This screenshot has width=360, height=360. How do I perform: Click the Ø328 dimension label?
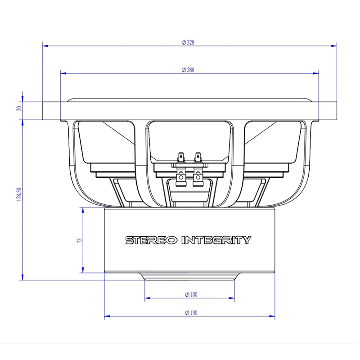188,42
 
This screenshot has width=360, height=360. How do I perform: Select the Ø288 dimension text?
188,70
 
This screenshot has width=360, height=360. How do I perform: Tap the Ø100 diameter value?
191,294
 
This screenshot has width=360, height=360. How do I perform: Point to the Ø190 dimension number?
191,313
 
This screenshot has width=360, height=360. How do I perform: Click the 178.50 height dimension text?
19,194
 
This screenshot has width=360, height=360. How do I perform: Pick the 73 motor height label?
80,240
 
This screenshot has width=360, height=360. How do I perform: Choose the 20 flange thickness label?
19,108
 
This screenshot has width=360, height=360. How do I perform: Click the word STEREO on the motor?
151,240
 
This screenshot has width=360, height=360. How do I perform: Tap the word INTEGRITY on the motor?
216,240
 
